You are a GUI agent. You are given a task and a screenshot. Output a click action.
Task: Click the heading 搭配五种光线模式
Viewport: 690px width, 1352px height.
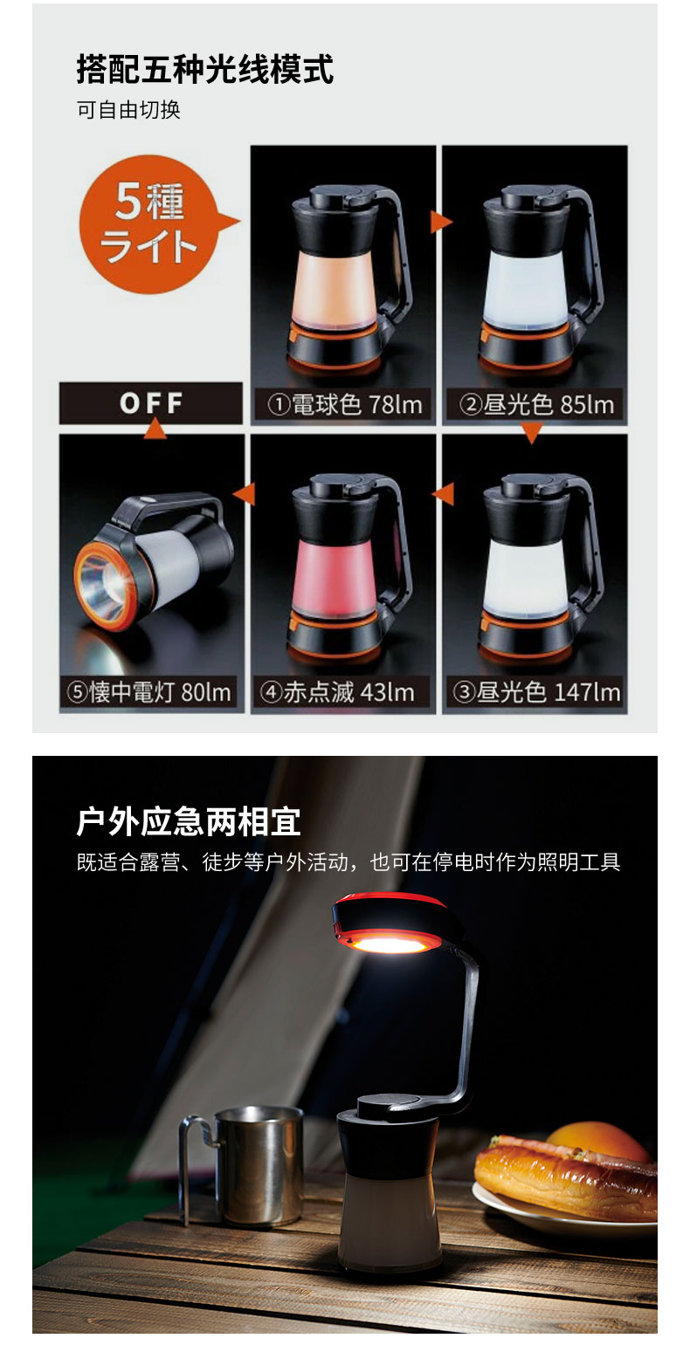click(205, 69)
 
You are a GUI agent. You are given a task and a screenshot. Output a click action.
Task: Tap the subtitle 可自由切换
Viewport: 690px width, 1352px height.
click(128, 110)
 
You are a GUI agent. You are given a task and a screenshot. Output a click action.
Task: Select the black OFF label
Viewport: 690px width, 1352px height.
click(151, 402)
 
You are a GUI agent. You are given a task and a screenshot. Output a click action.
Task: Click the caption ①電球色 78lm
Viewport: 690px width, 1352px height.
click(345, 404)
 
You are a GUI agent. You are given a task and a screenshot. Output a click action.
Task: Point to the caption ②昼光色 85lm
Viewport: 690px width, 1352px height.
click(536, 404)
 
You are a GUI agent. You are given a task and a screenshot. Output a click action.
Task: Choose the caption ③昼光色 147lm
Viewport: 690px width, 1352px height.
click(537, 692)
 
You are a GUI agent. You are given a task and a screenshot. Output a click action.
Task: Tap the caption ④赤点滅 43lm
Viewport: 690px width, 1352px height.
click(338, 692)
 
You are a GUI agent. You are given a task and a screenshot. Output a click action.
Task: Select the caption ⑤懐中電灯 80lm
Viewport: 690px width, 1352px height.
click(149, 692)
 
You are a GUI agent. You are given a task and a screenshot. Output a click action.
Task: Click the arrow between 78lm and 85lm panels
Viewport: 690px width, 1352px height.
click(440, 222)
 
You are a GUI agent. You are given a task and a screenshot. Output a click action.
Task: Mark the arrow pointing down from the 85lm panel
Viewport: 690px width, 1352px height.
click(531, 433)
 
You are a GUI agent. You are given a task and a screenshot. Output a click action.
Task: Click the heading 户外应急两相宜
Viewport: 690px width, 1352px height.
click(189, 821)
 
